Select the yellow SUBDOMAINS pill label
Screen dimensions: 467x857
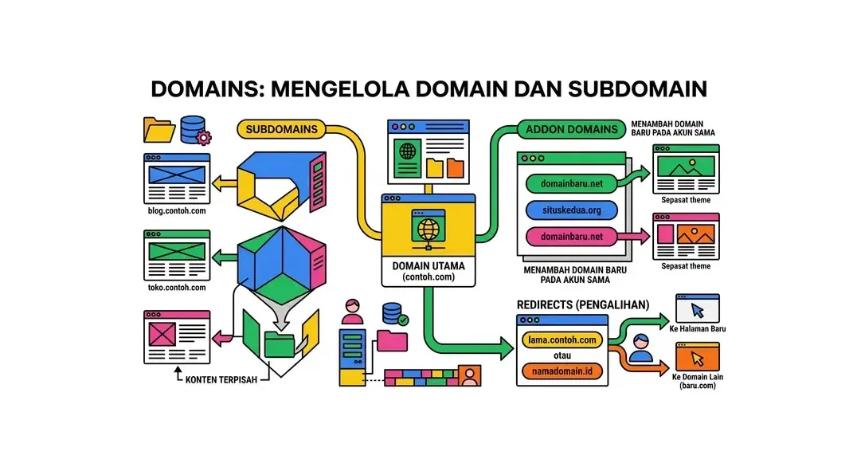[x=281, y=128]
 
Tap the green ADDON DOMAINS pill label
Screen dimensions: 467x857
[x=572, y=129]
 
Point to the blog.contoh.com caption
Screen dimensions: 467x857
[x=176, y=211]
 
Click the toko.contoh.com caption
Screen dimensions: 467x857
[x=176, y=288]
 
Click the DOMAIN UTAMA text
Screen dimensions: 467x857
[x=428, y=265]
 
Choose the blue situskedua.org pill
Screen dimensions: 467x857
[x=572, y=210]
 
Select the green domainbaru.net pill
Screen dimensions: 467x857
[x=572, y=184]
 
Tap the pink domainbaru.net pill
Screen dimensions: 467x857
[x=572, y=237]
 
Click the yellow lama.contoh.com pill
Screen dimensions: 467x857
[x=562, y=339]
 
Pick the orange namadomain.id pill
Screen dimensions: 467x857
[x=562, y=371]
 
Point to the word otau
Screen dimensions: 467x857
[x=562, y=355]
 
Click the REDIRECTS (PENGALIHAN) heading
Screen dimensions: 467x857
[x=582, y=304]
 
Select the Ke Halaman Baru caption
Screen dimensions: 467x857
[x=698, y=328]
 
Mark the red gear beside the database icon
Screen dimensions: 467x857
[x=204, y=138]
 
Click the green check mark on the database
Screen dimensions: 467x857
[x=404, y=320]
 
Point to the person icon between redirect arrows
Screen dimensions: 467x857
[x=640, y=347]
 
